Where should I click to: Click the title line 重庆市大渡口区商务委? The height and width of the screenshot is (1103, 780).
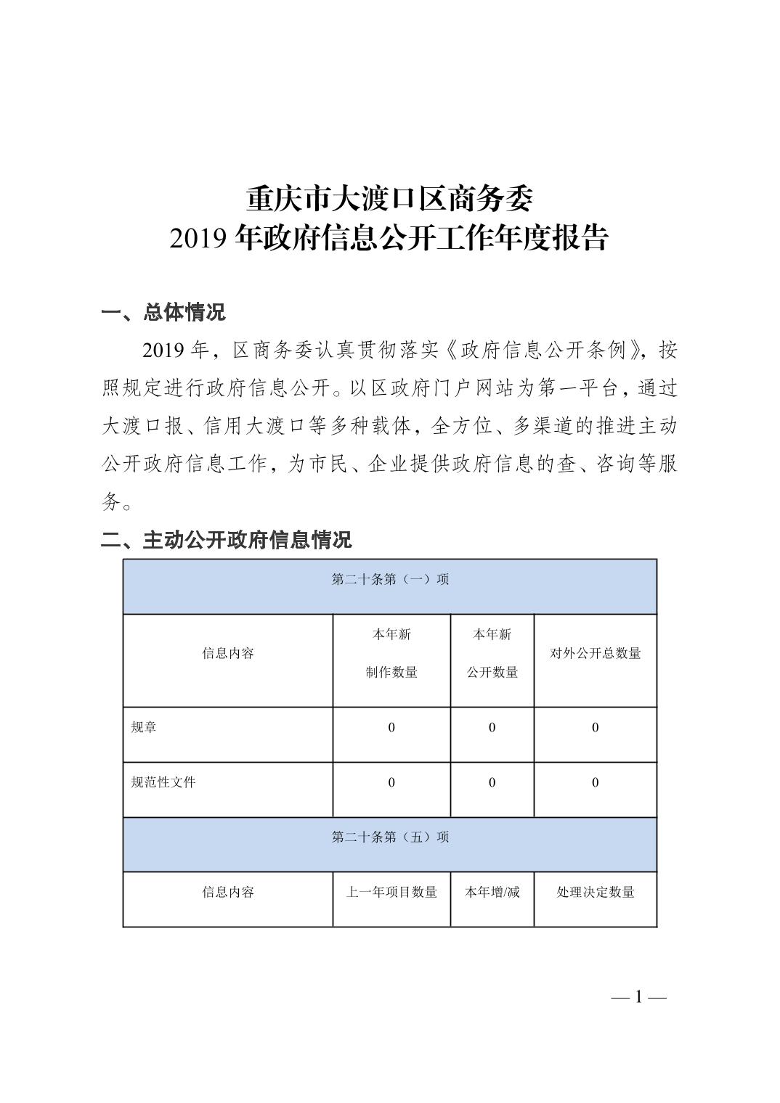coord(389,198)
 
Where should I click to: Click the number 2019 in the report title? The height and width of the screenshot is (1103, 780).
coord(200,239)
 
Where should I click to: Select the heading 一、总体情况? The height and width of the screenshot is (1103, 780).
coord(163,312)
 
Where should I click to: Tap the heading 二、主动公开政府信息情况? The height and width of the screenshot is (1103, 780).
coord(226,539)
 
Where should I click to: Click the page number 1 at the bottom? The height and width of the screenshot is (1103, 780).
coord(639,997)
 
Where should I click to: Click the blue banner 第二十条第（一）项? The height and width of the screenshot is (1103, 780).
coord(390,579)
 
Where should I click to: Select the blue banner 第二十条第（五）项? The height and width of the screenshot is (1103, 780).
coord(390,837)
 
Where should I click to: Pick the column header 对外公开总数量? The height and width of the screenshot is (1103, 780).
coord(595,653)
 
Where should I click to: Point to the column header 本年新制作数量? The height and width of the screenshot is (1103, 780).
coord(391,653)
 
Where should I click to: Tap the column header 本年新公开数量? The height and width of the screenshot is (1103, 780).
coord(492,653)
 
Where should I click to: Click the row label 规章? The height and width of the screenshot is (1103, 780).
coord(144,727)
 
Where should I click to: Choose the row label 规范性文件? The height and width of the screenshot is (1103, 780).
coord(163,782)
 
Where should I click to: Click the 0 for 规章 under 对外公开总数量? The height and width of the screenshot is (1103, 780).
coord(595,728)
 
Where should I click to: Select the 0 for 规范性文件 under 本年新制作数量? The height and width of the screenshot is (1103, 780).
coord(391,782)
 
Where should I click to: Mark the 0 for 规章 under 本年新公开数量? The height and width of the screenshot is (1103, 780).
coord(492,728)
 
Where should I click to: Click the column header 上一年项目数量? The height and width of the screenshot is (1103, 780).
coord(391,892)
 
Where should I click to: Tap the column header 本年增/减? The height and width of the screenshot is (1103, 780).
coord(492,892)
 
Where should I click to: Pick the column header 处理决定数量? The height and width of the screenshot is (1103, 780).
coord(595,892)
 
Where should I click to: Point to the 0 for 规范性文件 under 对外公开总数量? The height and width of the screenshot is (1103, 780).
coord(595,782)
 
